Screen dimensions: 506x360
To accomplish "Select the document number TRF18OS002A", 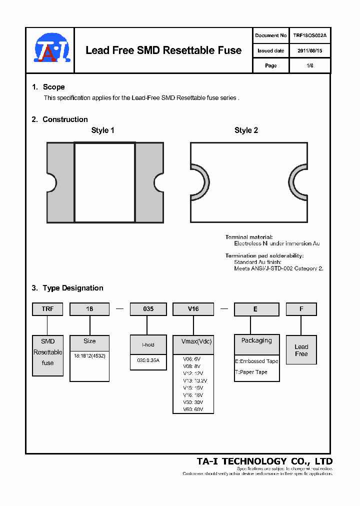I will click(309, 35).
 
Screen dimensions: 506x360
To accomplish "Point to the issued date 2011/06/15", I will click(309, 50).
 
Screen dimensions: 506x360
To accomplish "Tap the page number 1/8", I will click(309, 65).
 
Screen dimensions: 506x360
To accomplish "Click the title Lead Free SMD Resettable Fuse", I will click(163, 50).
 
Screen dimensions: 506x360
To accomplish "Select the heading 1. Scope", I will click(48, 87).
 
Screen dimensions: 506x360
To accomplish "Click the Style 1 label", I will click(102, 130).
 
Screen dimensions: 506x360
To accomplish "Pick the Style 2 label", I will click(246, 130).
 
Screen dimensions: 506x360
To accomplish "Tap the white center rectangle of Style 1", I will click(104, 182).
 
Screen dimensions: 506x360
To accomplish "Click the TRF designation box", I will click(48, 309).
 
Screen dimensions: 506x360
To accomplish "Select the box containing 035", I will click(148, 309).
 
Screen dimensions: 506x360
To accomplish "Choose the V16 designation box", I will click(193, 309).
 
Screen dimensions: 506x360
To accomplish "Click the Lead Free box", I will click(301, 350).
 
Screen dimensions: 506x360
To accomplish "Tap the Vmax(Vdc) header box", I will click(193, 341).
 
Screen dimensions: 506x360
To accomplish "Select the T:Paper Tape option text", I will click(251, 372).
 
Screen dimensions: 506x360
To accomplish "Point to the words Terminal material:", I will click(249, 237).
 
